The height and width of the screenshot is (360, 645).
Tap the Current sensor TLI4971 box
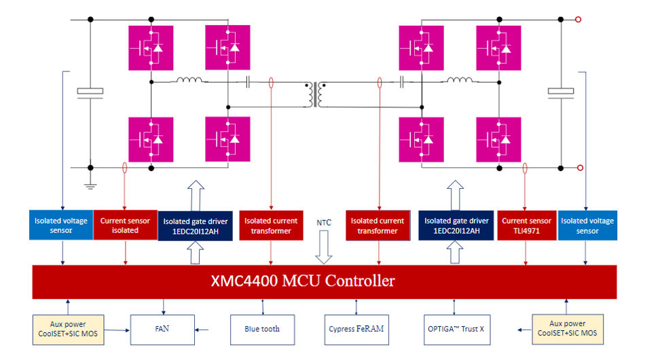[526, 226]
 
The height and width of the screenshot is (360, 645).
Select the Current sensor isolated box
[125, 226]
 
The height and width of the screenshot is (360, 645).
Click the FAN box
[162, 329]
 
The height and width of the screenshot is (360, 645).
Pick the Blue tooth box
[262, 329]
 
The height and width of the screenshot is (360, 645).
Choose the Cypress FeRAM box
[356, 329]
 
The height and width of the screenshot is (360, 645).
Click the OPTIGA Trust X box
[456, 329]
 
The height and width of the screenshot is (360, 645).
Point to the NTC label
[324, 222]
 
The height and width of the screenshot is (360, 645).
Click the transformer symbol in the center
[317, 94]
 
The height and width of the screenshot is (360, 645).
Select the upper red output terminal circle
[578, 20]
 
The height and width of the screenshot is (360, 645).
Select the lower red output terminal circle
[578, 168]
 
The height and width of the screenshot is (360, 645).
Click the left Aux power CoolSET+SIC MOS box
[69, 329]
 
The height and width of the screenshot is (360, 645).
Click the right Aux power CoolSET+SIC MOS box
[567, 329]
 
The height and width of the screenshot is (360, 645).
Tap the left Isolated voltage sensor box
[62, 226]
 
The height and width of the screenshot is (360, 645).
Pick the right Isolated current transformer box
[378, 226]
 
